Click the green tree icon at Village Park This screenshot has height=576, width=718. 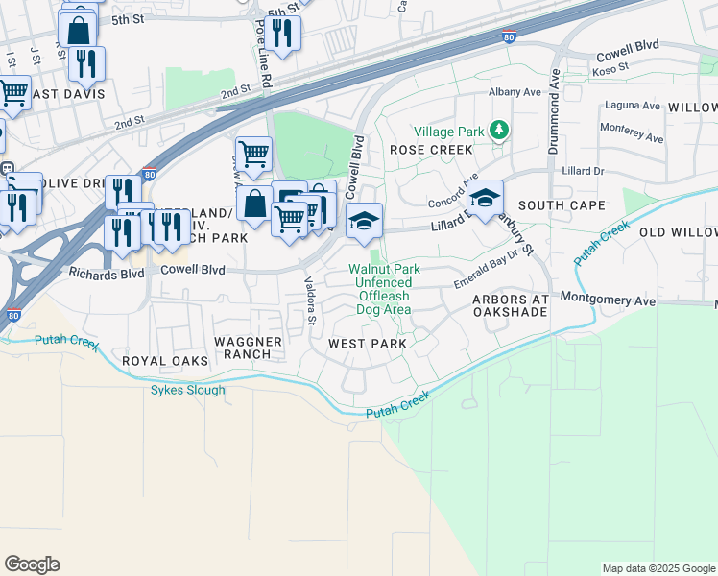point(498,130)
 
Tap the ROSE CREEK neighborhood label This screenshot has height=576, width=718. point(431,150)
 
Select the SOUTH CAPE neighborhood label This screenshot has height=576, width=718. point(562,205)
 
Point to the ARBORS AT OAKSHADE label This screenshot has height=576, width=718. point(510,306)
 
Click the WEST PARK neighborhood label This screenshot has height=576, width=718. point(367,343)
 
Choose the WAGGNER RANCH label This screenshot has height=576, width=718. point(248,348)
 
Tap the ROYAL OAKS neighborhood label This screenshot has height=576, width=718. point(158,361)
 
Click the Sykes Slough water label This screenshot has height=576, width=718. point(188,390)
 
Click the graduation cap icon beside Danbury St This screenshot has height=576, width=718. point(486,200)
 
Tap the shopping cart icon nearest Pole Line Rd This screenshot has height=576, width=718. point(253,154)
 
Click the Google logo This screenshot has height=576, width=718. point(32,564)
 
